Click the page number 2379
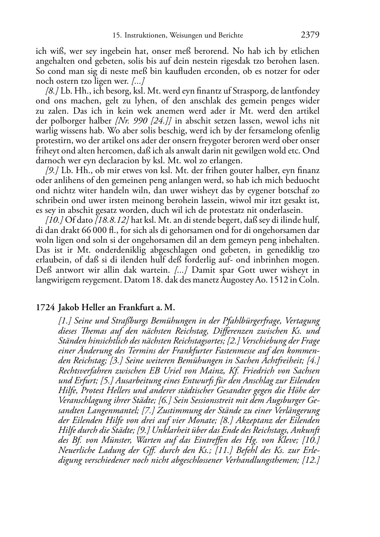tap(310, 35)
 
